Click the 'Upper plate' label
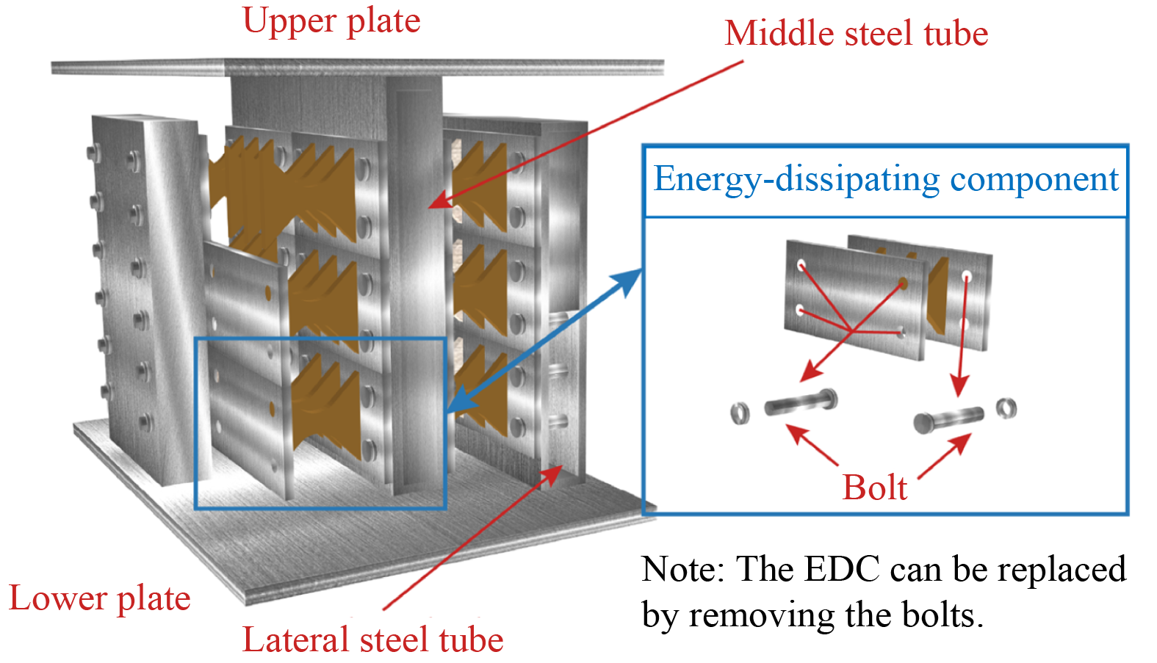pos(331,21)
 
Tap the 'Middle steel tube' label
pos(856,34)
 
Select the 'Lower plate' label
pos(99,598)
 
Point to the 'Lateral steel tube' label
pos(372,640)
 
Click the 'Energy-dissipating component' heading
pos(885,179)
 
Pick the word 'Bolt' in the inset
pos(874,488)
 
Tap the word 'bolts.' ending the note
pos(942,615)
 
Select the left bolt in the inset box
pos(801,403)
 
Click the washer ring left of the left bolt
pos(740,413)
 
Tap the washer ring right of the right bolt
pos(1006,407)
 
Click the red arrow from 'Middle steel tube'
pos(588,132)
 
